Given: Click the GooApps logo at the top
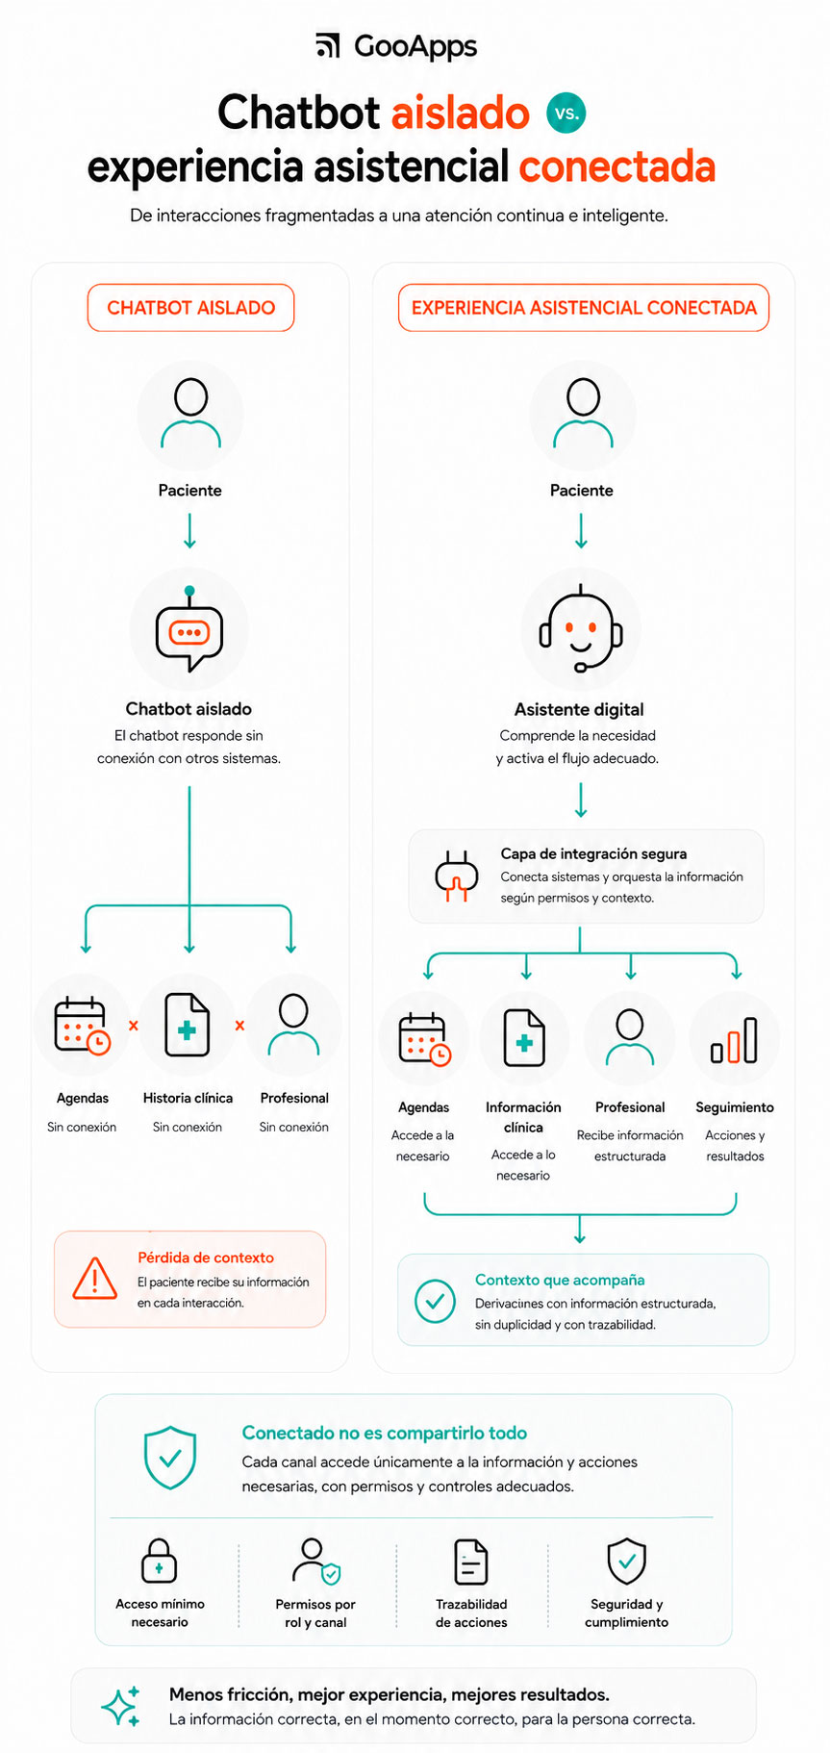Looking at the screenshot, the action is click(x=396, y=46).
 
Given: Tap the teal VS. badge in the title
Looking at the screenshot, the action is click(x=566, y=113).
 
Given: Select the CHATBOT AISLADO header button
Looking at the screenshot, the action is click(x=190, y=308).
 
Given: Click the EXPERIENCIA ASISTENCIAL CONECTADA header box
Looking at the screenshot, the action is click(x=584, y=308).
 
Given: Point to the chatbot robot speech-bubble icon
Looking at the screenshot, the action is click(x=189, y=628).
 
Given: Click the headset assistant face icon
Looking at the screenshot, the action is click(x=581, y=628).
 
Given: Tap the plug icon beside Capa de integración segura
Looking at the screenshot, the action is click(x=457, y=876).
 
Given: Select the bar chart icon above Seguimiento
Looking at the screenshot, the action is click(x=734, y=1039).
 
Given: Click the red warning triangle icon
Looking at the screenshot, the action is click(x=95, y=1279).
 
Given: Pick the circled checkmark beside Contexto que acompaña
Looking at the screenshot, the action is click(x=435, y=1300).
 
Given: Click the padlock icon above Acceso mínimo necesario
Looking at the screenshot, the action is click(x=159, y=1560).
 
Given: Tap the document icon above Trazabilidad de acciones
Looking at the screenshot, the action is click(x=471, y=1561).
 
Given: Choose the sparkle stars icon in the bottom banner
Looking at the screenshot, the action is click(x=121, y=1706).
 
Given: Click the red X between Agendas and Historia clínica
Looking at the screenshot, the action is click(x=134, y=1026).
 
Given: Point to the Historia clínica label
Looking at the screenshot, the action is click(x=188, y=1098).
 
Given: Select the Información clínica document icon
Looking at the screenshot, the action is click(x=524, y=1038).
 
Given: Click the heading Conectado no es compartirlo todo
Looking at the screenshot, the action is click(x=385, y=1433).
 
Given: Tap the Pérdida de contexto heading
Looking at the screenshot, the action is click(x=206, y=1258).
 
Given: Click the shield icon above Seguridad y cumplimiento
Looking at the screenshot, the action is click(x=626, y=1561).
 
